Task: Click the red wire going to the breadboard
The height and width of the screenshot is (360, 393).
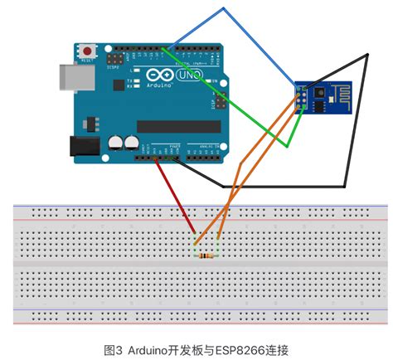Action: point(176,198)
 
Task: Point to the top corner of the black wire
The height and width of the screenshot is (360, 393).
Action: point(366,56)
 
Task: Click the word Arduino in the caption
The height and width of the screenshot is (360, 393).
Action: point(146,349)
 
